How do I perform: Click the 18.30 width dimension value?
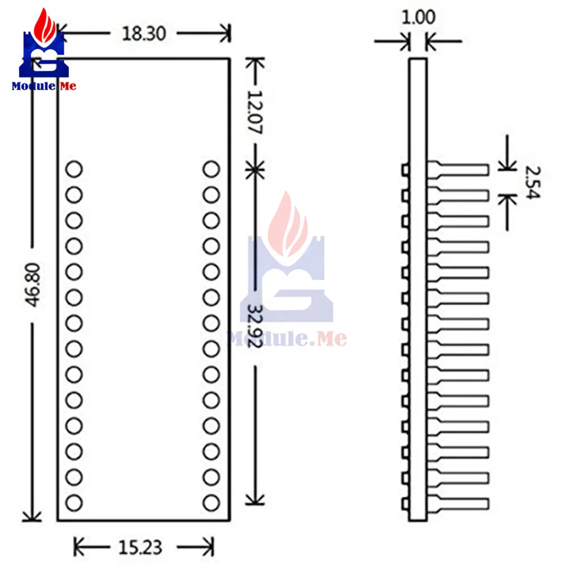tap(144, 34)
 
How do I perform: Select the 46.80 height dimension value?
tap(33, 285)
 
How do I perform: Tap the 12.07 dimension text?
tap(255, 112)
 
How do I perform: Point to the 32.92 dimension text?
tap(255, 326)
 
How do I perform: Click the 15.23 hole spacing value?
tap(140, 548)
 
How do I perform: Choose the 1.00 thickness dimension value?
tap(418, 17)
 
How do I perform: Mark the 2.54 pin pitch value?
tap(532, 182)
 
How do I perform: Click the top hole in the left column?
tap(74, 169)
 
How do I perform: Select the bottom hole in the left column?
tap(74, 503)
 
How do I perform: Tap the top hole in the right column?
tap(211, 169)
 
